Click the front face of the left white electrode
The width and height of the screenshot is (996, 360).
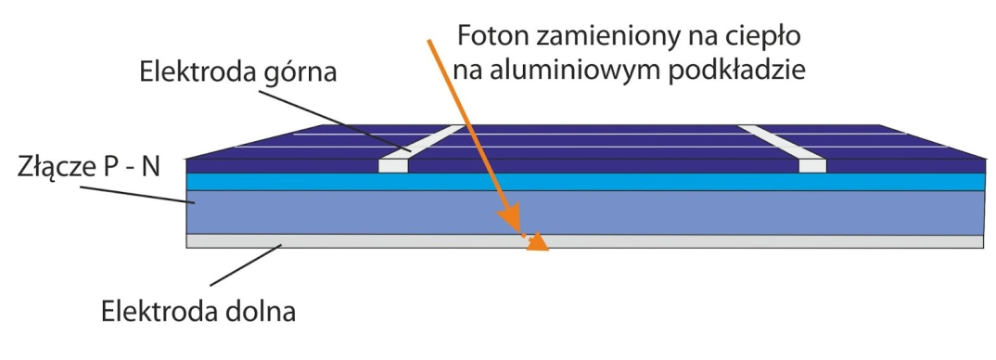393,165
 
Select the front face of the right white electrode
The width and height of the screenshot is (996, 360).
812,165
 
